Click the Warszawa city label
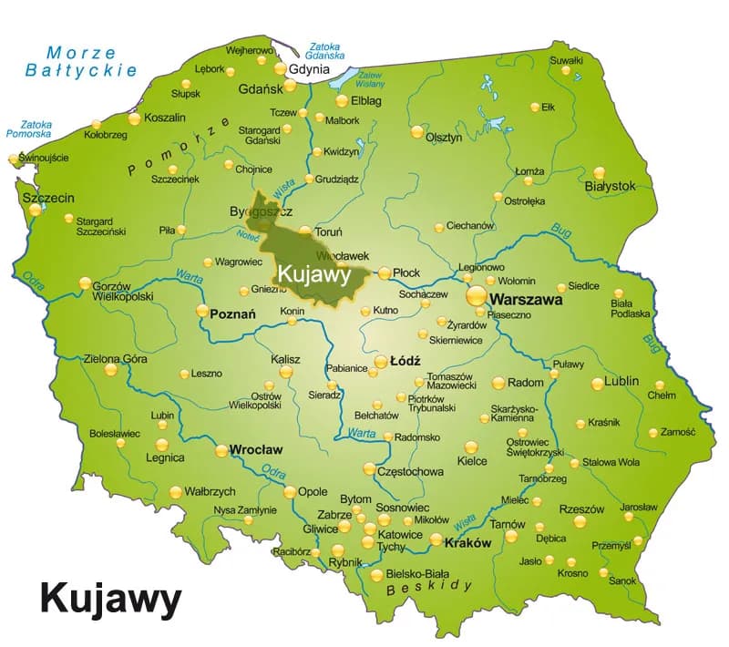coord(526,299)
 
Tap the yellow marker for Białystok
coord(600,172)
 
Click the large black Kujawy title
coord(110,600)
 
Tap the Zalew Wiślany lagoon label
coord(370,81)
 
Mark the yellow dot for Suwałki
coord(566,70)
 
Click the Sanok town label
coord(623,580)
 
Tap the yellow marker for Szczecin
coord(36,209)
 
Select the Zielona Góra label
coord(115,358)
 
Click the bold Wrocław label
coord(256,450)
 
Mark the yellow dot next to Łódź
coord(382,362)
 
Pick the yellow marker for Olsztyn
coord(417,131)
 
